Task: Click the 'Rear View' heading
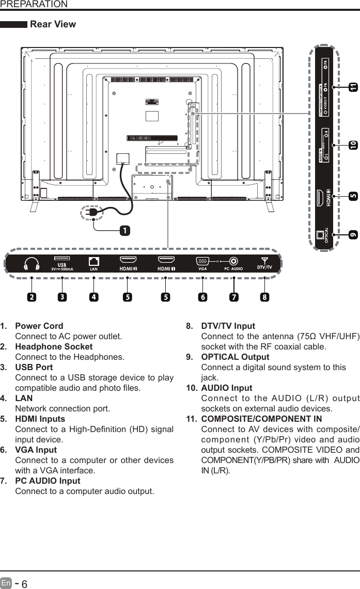pos(53,24)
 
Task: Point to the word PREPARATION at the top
pos(34,4)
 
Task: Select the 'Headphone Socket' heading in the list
pos(54,346)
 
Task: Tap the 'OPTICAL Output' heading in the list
pos(235,357)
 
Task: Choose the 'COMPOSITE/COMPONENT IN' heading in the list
pos(261,419)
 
